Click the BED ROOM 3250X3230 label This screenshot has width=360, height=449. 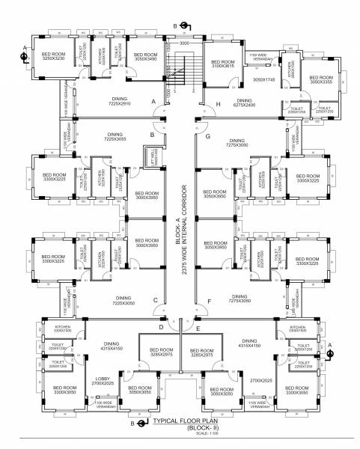point(53,57)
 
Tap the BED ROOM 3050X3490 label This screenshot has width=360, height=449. point(146,57)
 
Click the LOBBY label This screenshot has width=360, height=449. point(103,381)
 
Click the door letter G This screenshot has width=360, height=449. point(207,137)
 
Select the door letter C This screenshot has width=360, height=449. point(155,301)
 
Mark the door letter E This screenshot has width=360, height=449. point(198,329)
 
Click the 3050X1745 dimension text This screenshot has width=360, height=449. point(263,79)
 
